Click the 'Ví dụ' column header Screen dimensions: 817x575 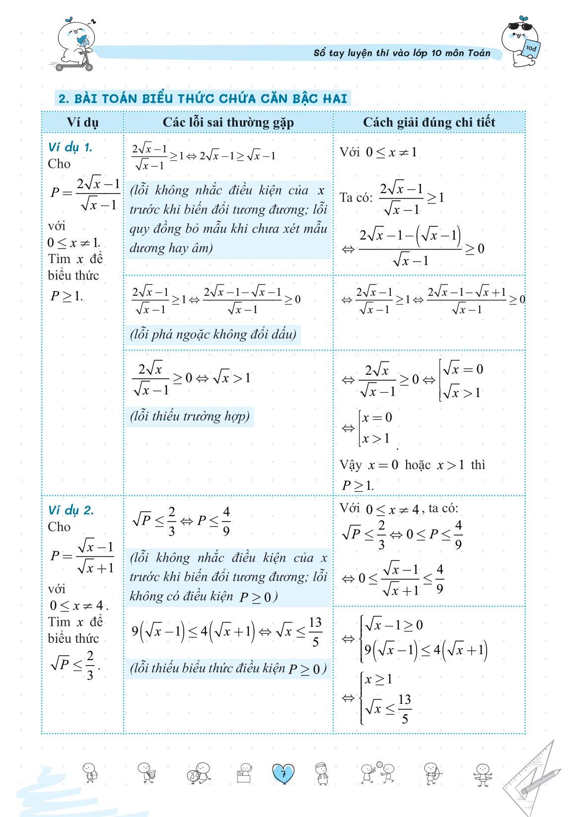(x=82, y=123)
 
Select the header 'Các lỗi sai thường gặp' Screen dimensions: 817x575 (x=228, y=123)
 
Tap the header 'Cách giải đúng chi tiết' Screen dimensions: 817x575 (x=429, y=123)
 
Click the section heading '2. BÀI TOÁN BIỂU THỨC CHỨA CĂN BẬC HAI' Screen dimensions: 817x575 (x=203, y=98)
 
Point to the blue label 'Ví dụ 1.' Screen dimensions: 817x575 (x=70, y=147)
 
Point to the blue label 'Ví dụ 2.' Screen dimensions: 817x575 (x=71, y=510)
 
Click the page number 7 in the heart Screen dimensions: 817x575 (x=283, y=774)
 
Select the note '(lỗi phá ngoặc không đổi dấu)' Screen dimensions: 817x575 (x=213, y=334)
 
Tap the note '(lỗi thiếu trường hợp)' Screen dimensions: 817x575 (x=190, y=416)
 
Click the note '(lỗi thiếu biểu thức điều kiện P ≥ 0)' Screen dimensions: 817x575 (x=228, y=668)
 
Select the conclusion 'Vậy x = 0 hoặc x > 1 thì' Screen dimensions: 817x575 (x=412, y=465)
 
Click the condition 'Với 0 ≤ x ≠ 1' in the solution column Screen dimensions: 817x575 (x=378, y=152)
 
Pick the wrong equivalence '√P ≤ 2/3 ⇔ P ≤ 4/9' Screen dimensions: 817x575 (x=181, y=521)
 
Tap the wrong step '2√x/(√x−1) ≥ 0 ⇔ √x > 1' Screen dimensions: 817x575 (x=192, y=379)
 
